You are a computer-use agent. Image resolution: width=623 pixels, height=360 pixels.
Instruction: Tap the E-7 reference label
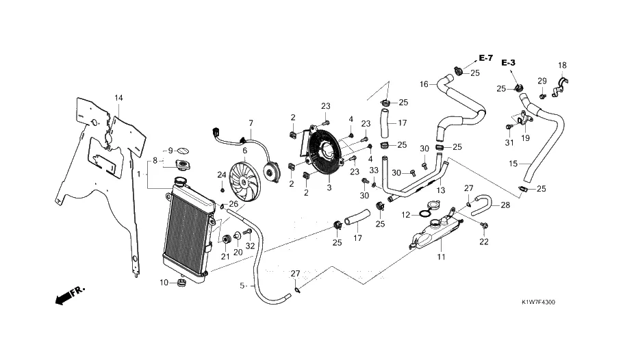coord(485,57)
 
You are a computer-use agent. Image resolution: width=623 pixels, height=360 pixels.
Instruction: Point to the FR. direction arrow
coord(68,295)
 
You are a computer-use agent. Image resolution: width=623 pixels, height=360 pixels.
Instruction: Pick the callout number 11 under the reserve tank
coord(441,257)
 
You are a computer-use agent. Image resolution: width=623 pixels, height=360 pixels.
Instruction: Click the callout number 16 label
coord(424,84)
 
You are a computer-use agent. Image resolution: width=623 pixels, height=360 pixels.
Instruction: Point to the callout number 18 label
coord(562,66)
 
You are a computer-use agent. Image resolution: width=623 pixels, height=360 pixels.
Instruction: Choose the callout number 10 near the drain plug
coord(164,283)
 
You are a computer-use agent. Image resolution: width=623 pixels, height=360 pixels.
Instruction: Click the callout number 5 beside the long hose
coord(242,285)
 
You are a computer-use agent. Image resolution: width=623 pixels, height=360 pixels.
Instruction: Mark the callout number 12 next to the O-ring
coord(405,215)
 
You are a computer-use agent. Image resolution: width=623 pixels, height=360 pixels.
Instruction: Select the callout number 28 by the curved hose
coord(505,205)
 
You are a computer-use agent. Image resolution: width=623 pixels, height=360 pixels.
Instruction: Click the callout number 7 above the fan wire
coord(251,123)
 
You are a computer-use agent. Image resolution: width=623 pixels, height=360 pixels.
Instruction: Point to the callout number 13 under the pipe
coord(441,190)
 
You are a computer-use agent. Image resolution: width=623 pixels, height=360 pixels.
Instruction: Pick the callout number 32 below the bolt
coord(250,246)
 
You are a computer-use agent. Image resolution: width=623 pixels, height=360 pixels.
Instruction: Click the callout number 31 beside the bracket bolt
coord(509,143)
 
